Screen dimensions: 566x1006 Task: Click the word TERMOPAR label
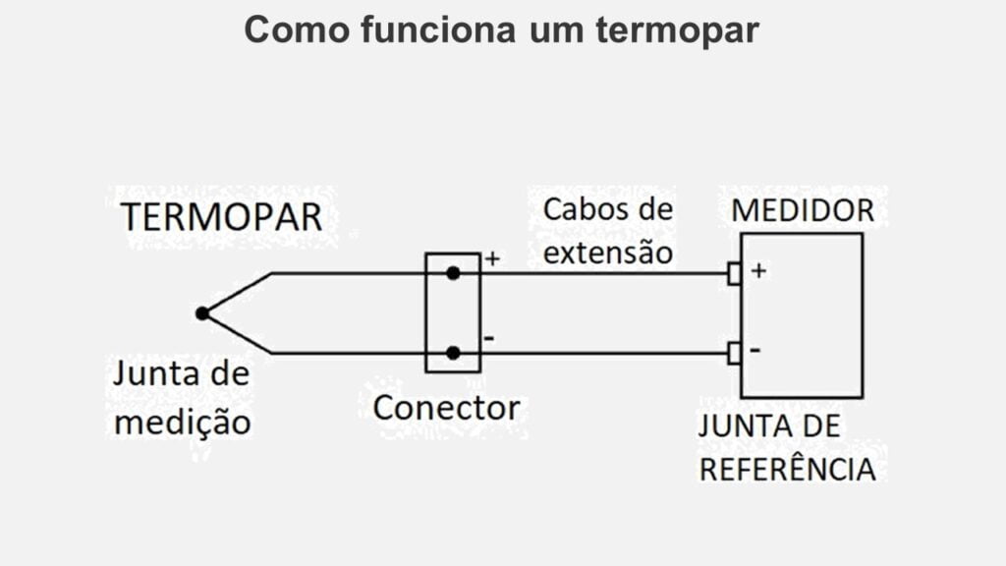(221, 217)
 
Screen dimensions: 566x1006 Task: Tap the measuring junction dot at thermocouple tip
(201, 313)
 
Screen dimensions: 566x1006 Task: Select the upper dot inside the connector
(453, 273)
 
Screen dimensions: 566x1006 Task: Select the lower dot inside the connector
(453, 353)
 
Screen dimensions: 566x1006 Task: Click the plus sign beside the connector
(492, 259)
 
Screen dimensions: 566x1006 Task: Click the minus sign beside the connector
(489, 338)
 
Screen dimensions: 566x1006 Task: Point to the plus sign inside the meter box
(757, 269)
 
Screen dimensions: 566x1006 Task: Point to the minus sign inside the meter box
(756, 349)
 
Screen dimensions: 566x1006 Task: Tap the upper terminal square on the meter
(734, 273)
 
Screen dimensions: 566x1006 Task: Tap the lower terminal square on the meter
(734, 353)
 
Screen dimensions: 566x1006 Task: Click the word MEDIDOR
(803, 210)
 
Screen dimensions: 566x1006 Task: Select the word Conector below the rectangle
(446, 407)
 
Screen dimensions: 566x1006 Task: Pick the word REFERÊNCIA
(787, 469)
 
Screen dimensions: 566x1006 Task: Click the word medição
(183, 424)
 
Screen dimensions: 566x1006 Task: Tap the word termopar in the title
(677, 29)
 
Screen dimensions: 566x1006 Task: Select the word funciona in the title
(438, 29)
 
